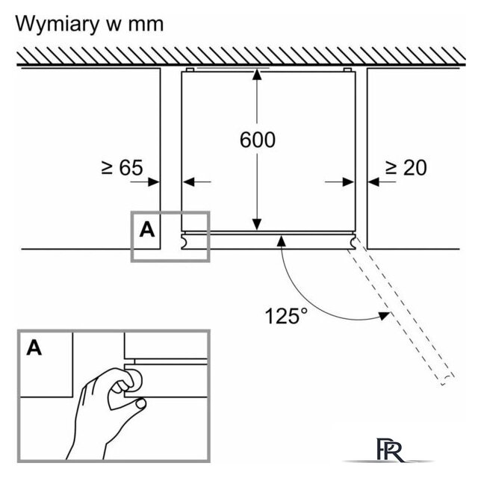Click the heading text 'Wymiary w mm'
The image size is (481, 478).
tap(90, 24)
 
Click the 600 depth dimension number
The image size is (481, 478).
tap(258, 140)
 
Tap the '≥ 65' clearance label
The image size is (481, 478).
tap(122, 167)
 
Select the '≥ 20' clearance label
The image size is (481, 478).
tap(406, 167)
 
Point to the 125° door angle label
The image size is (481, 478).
tap(286, 316)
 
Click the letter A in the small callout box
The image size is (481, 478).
tap(147, 229)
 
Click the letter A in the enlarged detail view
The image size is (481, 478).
tap(34, 348)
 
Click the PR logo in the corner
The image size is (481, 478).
tap(390, 450)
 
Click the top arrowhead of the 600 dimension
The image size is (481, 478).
tap(257, 75)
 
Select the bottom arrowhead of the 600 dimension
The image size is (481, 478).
tap(257, 224)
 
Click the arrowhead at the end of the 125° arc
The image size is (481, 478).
tap(384, 316)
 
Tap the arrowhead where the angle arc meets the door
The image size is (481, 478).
tap(282, 240)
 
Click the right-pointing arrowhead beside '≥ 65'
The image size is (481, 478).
tap(154, 182)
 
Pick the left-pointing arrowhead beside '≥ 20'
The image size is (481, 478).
tap(373, 182)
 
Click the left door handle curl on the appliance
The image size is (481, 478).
tap(184, 242)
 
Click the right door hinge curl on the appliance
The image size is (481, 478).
tap(353, 242)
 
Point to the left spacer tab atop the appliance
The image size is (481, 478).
tap(190, 70)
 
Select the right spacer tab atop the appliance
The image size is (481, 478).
tap(347, 70)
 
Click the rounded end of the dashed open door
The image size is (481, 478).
tap(447, 380)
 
